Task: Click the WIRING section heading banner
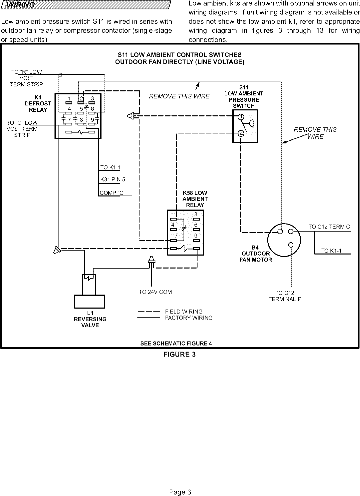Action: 86,5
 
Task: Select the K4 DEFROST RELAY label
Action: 38,103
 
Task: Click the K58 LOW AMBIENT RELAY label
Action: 195,199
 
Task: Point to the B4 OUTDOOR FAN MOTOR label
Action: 255,254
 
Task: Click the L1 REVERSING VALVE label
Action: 90,319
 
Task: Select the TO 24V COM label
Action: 155,292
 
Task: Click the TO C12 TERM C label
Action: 329,227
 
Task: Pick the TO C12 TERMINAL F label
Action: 285,296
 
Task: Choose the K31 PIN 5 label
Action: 113,180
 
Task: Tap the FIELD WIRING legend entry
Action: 184,312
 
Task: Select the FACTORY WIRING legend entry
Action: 189,318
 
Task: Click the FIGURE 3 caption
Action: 179,355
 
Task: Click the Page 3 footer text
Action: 180,492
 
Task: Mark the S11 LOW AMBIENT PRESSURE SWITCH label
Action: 244,96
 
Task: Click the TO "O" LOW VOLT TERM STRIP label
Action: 22,129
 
